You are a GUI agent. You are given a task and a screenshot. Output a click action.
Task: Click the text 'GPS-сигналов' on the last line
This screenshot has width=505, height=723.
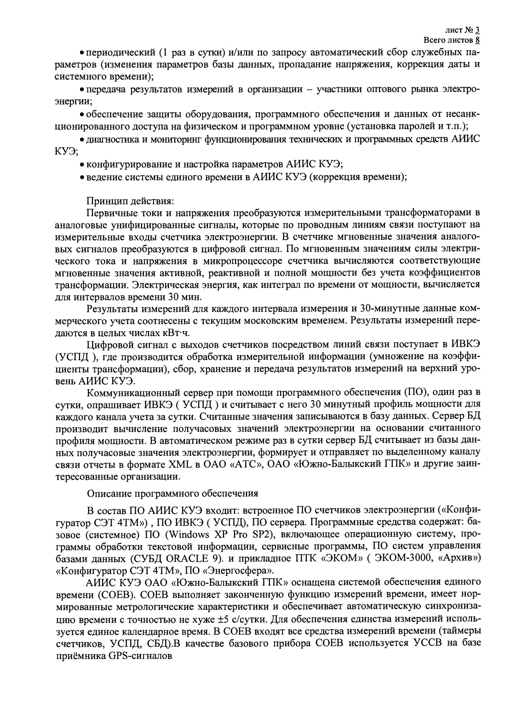[x=140, y=656]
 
